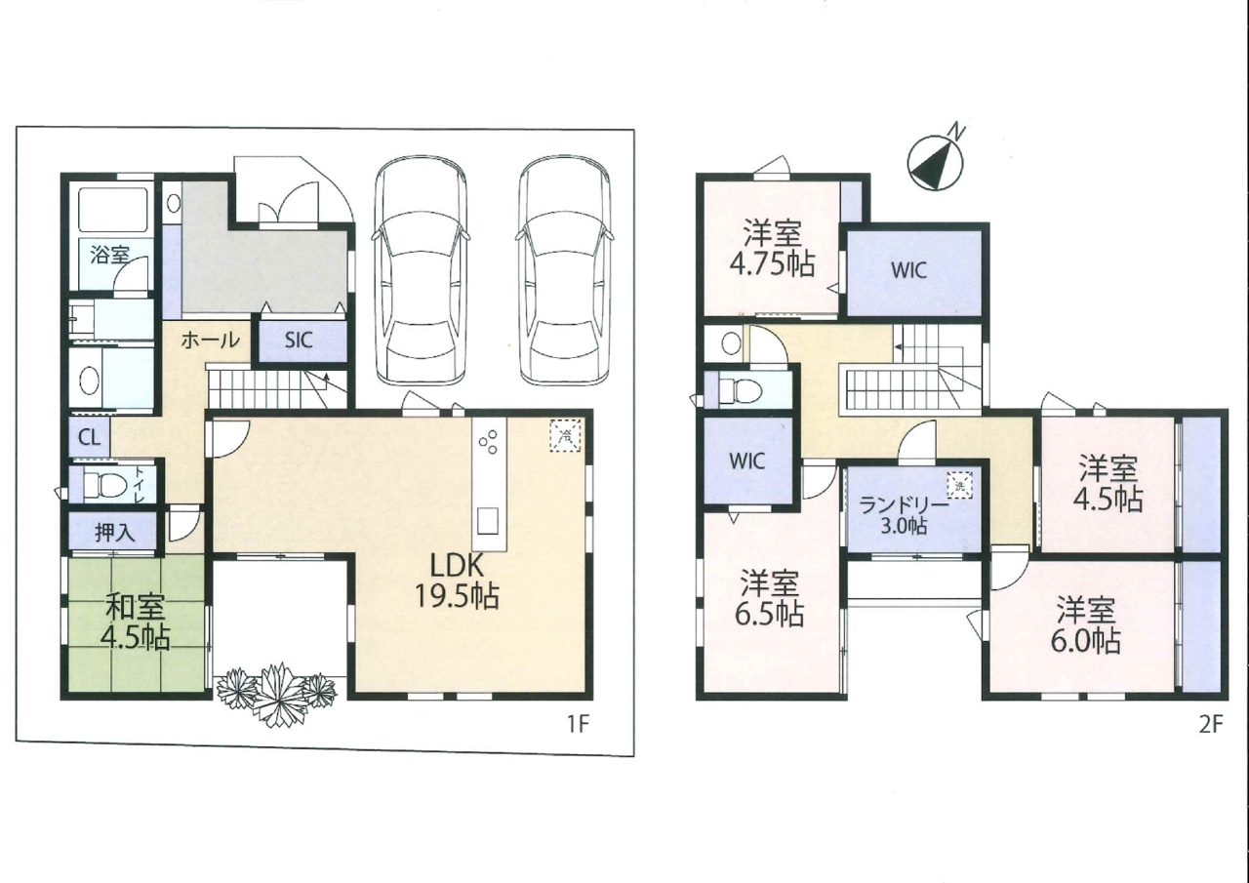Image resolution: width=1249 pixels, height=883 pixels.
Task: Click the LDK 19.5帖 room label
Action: pyautogui.click(x=457, y=582)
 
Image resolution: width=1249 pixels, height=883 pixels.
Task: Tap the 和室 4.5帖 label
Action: pyautogui.click(x=136, y=623)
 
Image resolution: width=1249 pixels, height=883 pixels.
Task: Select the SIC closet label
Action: pyautogui.click(x=299, y=341)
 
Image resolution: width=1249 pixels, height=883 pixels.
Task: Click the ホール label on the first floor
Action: pyautogui.click(x=210, y=340)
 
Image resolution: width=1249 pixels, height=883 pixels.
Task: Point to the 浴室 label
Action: pyautogui.click(x=109, y=255)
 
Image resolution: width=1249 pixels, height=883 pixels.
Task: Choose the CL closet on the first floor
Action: pyautogui.click(x=89, y=438)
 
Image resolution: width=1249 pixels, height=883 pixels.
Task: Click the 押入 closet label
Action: pyautogui.click(x=115, y=533)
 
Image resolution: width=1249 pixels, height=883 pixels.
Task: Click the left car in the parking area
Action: pyautogui.click(x=421, y=270)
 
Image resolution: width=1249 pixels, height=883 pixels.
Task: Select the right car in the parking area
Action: pyautogui.click(x=564, y=270)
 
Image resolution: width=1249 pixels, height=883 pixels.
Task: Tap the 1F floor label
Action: pyautogui.click(x=579, y=724)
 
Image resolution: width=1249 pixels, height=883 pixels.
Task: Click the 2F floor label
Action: pyautogui.click(x=1210, y=724)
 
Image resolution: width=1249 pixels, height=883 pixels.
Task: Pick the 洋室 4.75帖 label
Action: pyautogui.click(x=772, y=249)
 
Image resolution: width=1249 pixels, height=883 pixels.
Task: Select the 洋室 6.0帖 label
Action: pyautogui.click(x=1086, y=625)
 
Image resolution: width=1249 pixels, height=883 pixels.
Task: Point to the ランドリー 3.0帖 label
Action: pyautogui.click(x=904, y=515)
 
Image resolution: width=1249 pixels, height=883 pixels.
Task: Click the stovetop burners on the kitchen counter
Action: pyautogui.click(x=489, y=442)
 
